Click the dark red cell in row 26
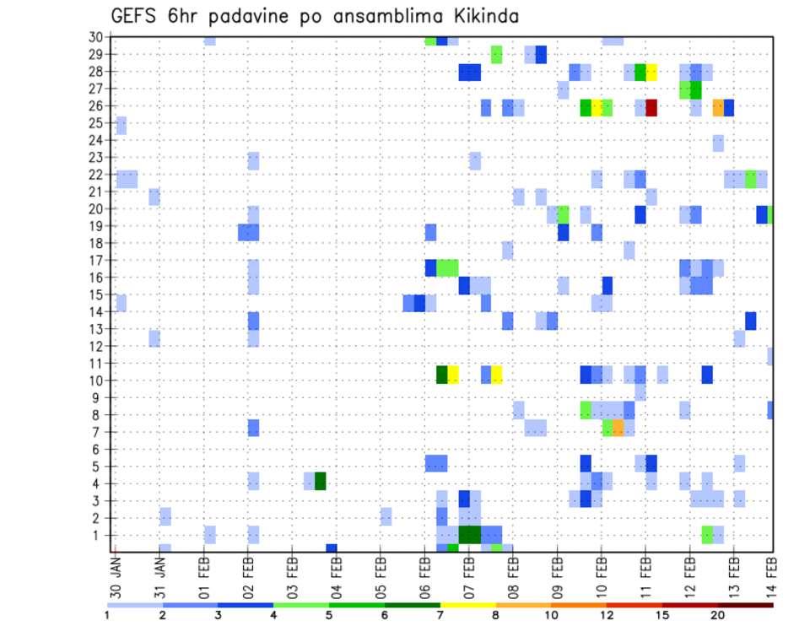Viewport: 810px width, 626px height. [x=651, y=108]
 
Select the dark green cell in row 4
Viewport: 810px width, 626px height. [x=320, y=481]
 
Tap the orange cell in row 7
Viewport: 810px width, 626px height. [x=618, y=429]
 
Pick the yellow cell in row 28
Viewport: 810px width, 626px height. [x=651, y=73]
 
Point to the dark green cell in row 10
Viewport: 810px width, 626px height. [x=441, y=375]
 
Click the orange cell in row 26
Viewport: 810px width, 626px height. [x=718, y=108]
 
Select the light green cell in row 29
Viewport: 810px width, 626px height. [x=497, y=55]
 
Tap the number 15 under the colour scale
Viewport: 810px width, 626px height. [x=662, y=615]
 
